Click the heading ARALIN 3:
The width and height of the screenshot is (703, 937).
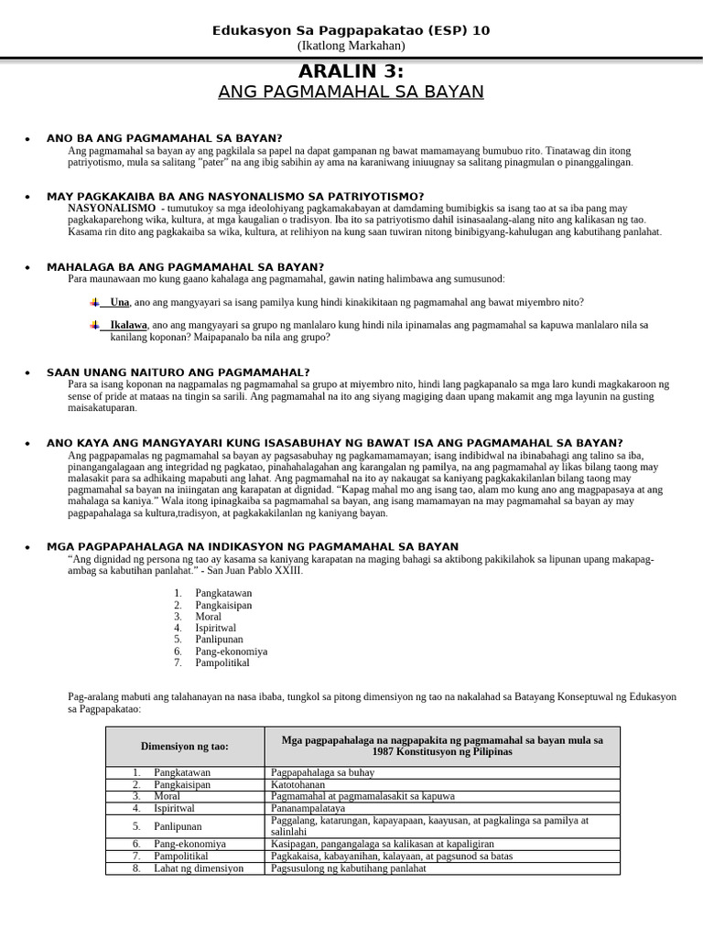click(351, 71)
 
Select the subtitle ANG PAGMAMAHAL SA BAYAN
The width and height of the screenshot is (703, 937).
click(351, 92)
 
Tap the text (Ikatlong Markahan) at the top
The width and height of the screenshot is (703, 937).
click(351, 46)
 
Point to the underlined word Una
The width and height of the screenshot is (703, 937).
click(119, 302)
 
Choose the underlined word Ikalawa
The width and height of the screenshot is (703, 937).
click(128, 325)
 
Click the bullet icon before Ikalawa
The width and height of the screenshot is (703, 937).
click(94, 325)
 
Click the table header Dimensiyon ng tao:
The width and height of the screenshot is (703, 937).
click(185, 747)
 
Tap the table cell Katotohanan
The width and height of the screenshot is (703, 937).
click(298, 784)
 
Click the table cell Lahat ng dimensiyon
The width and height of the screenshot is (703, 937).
click(199, 868)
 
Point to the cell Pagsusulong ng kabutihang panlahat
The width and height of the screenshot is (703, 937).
click(349, 868)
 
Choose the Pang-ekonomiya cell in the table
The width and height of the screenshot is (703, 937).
click(190, 844)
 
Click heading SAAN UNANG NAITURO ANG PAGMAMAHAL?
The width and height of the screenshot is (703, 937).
click(178, 372)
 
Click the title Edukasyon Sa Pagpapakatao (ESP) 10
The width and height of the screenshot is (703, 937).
click(351, 30)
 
